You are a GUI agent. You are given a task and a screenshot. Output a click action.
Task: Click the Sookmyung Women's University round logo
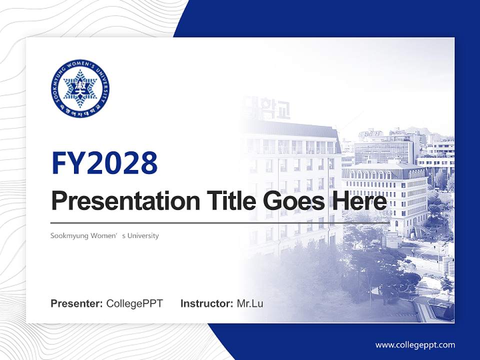tap(80, 89)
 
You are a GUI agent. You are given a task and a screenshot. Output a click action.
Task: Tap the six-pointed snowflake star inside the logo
tap(80, 89)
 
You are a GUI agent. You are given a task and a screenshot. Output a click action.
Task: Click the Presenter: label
tap(77, 303)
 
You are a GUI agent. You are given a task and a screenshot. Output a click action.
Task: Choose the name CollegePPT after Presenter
tap(134, 303)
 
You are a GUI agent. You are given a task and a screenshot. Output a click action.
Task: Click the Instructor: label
tap(206, 303)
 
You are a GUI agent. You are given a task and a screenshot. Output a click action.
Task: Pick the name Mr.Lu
tap(250, 303)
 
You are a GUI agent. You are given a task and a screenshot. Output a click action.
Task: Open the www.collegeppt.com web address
tap(415, 344)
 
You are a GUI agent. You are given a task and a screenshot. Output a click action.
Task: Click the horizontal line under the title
tap(220, 223)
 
